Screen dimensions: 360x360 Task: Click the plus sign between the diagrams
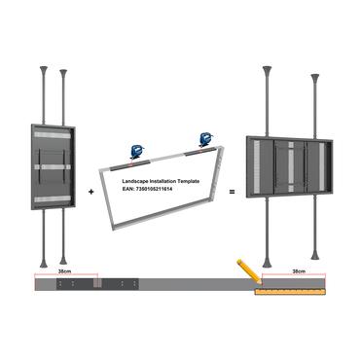coord(91,193)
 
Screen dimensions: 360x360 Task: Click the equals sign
coord(233,193)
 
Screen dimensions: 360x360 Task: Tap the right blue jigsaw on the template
coord(204,141)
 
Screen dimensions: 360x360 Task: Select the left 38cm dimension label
coord(65,274)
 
